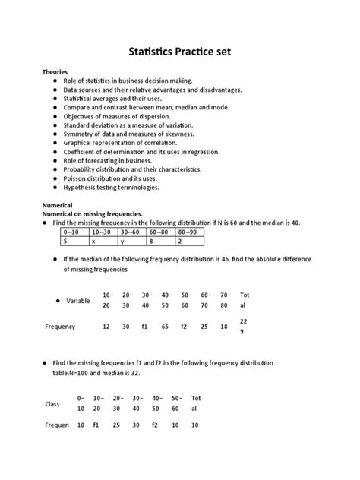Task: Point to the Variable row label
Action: (x=78, y=301)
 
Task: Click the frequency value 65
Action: (x=166, y=326)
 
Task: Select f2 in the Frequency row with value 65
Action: (x=185, y=326)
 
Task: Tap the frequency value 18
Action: (x=223, y=326)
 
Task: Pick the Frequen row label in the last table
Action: (x=58, y=425)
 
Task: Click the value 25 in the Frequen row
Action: (x=117, y=425)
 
